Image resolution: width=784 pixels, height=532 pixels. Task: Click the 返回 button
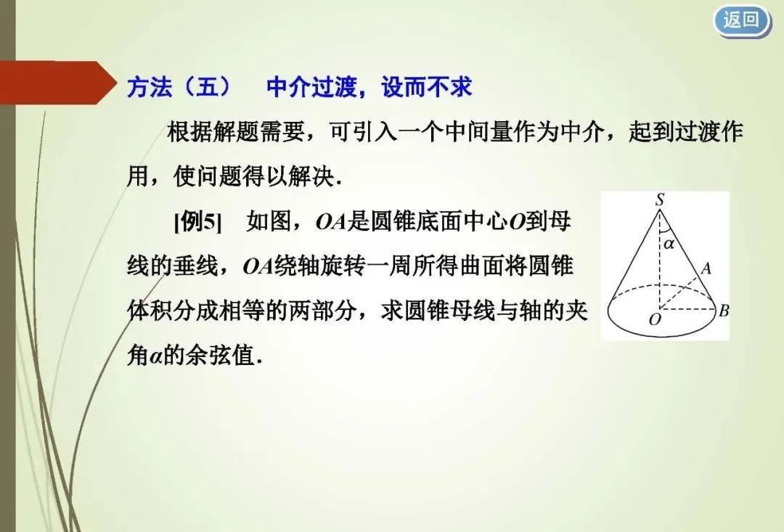(741, 21)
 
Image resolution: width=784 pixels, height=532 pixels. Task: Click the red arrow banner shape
(57, 83)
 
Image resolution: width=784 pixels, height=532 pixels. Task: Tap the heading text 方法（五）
(179, 87)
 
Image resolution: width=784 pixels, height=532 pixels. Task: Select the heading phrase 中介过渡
(311, 87)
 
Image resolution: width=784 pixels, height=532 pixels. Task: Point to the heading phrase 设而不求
(427, 87)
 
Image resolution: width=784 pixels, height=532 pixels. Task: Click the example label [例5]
(197, 221)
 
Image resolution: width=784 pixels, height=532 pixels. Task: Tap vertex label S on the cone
(660, 200)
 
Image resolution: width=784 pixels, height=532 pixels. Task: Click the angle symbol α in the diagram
(669, 244)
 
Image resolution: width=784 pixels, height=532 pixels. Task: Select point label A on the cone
(706, 269)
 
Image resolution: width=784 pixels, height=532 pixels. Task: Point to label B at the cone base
(724, 311)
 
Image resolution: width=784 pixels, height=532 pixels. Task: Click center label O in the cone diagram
(655, 319)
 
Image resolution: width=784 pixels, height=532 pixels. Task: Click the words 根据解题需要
(235, 132)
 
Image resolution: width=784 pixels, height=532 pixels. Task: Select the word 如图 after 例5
(269, 221)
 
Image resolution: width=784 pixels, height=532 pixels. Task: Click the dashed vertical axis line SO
(660, 260)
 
